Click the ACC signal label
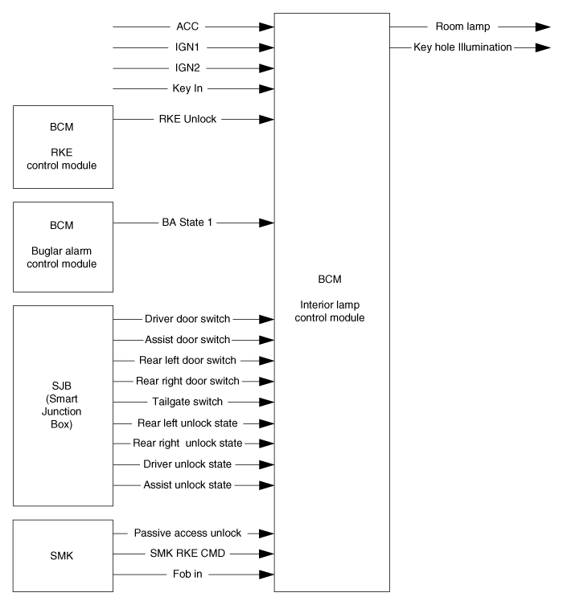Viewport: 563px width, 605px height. pos(187,27)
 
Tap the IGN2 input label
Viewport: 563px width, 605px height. pos(187,68)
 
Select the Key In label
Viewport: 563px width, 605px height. pos(187,88)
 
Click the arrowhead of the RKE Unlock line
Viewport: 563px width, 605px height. pos(266,119)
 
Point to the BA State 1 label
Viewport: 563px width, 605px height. pos(187,223)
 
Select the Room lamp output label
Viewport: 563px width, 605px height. pos(462,27)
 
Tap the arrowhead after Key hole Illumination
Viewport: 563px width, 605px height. pos(543,47)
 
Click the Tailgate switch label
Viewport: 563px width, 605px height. pos(187,402)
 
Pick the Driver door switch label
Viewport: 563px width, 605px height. pos(187,319)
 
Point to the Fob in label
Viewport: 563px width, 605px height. pos(187,574)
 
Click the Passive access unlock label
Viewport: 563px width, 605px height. pos(187,533)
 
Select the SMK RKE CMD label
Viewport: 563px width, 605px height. pos(187,554)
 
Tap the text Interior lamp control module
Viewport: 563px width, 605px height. pos(330,311)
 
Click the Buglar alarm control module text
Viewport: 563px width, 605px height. pos(61,257)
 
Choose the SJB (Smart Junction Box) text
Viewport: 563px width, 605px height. pos(61,405)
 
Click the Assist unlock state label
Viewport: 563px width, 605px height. pos(187,484)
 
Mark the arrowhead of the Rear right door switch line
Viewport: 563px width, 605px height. pos(266,381)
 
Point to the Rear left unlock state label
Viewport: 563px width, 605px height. pos(187,423)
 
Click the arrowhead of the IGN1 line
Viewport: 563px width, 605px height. pos(266,47)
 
